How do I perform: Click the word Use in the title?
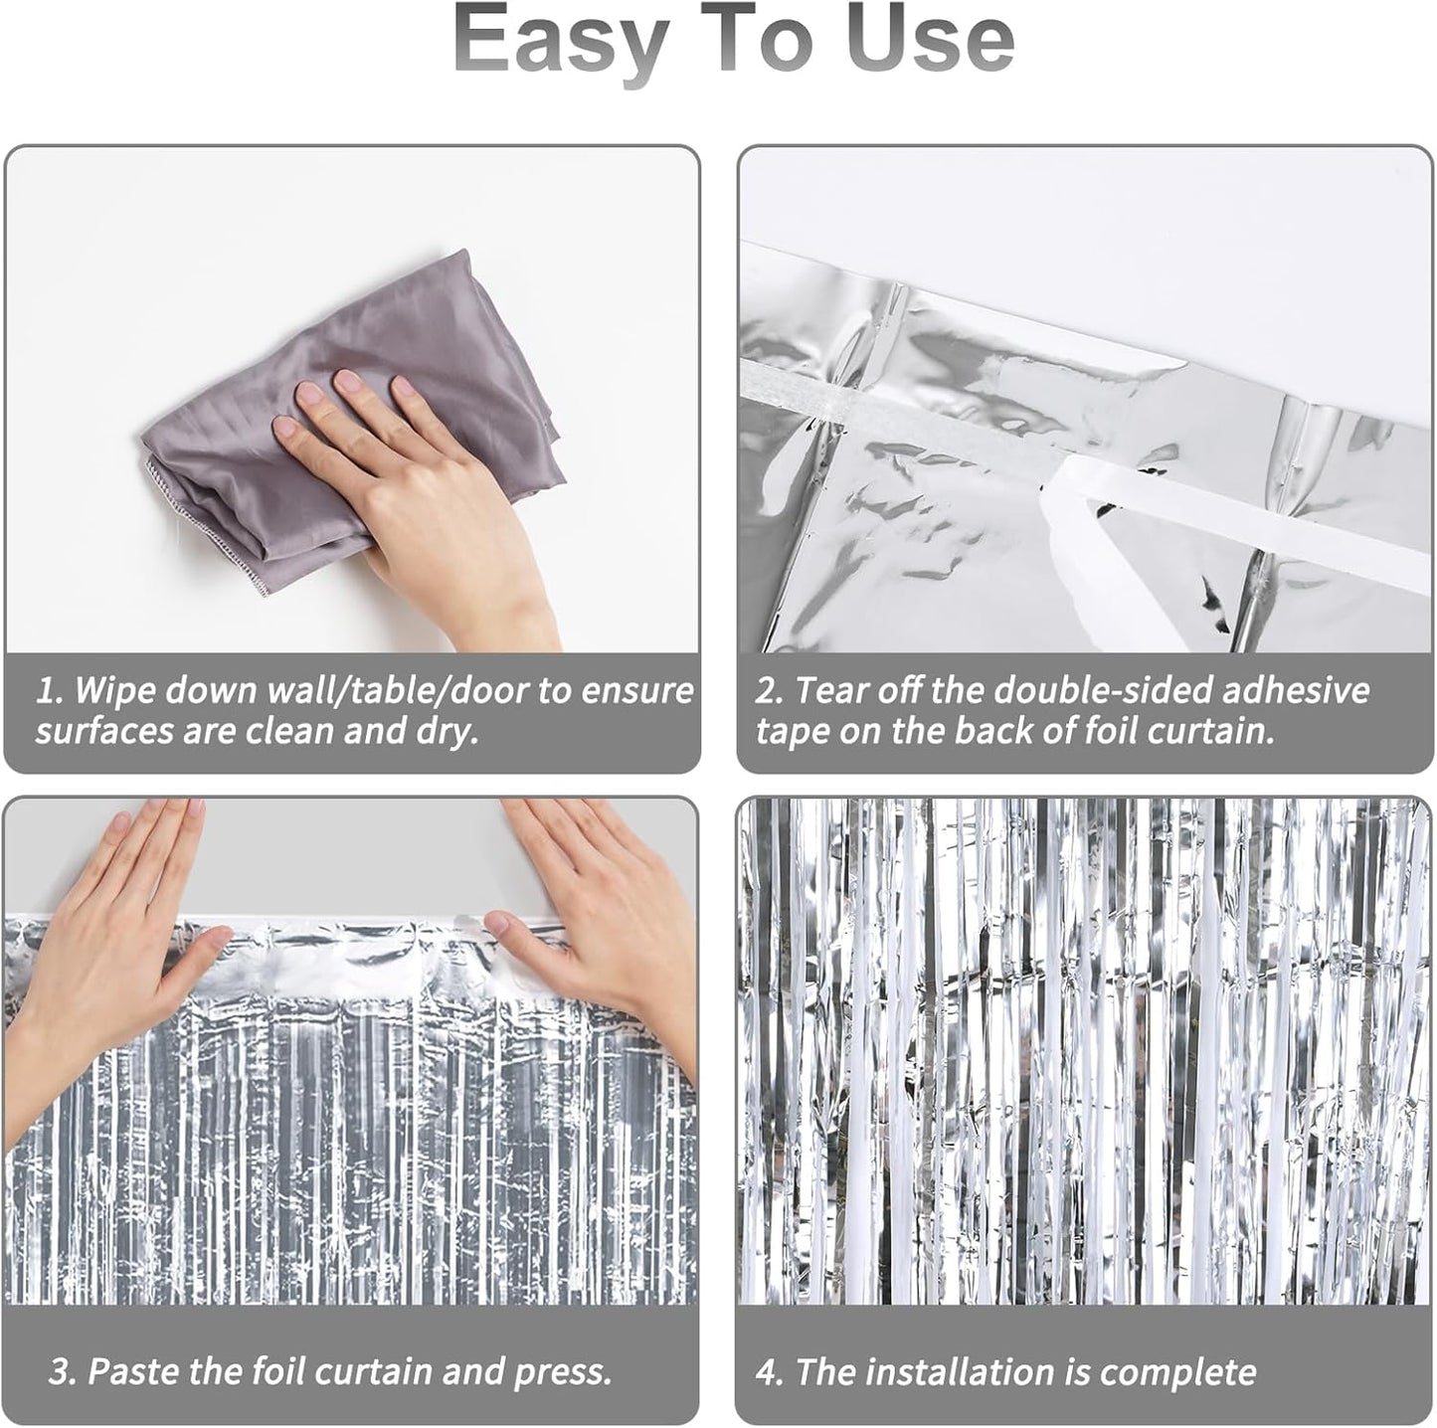pyautogui.click(x=929, y=40)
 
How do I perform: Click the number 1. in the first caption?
pyautogui.click(x=50, y=690)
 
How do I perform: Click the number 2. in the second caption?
pyautogui.click(x=771, y=690)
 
